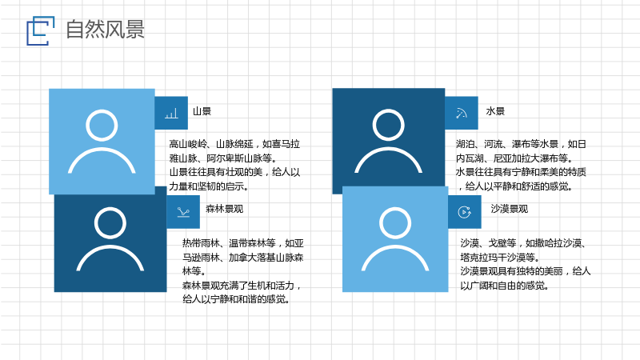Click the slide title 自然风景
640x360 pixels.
pos(106,30)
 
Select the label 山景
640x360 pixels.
pos(202,111)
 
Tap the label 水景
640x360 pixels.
pos(495,111)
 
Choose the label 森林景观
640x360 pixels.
pos(225,209)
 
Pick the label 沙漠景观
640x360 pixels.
pos(510,209)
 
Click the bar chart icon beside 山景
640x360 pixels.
pos(171,114)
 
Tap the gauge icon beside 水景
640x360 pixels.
pos(462,113)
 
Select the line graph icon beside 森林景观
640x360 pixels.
pos(183,212)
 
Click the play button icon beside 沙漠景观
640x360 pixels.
pos(465,212)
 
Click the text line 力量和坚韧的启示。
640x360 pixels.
pos(209,186)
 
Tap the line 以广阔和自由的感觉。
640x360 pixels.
pos(505,286)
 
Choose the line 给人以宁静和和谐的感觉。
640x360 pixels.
pos(237,299)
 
